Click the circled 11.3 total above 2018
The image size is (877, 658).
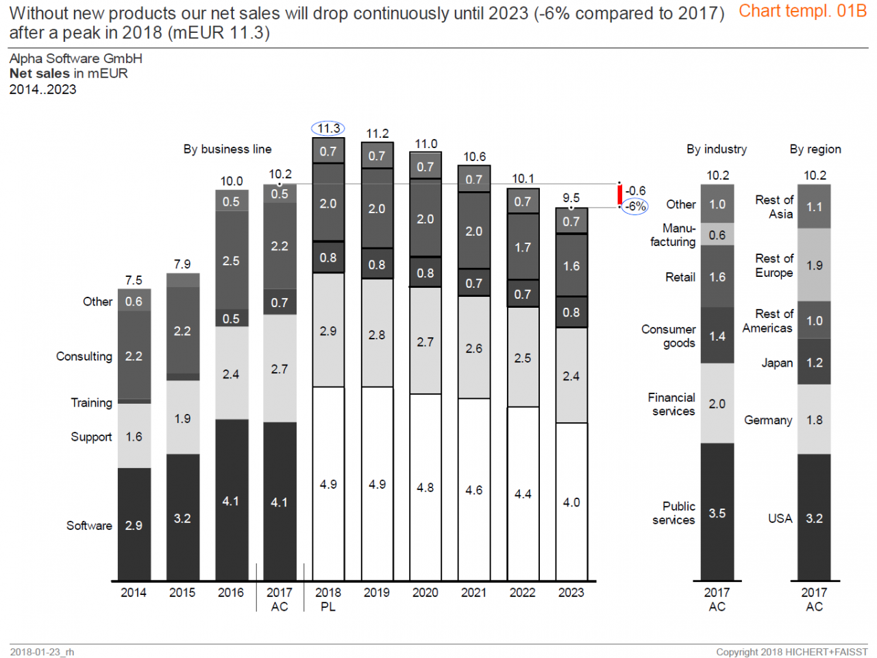pyautogui.click(x=328, y=128)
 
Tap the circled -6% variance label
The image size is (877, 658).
pyautogui.click(x=635, y=206)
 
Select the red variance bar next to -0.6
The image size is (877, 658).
pyautogui.click(x=620, y=195)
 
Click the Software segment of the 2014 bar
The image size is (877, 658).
pyautogui.click(x=134, y=525)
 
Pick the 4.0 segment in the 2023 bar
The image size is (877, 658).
pyautogui.click(x=571, y=502)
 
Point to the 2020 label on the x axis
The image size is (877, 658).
pyautogui.click(x=425, y=592)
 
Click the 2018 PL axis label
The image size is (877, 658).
pyautogui.click(x=328, y=599)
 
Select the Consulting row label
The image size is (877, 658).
pyautogui.click(x=84, y=356)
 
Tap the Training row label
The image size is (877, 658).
pyautogui.click(x=91, y=402)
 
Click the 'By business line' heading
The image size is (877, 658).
pyautogui.click(x=227, y=149)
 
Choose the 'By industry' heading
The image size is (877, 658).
pyautogui.click(x=717, y=149)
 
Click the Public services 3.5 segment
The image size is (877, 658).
pyautogui.click(x=717, y=513)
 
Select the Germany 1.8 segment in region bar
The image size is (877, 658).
pyautogui.click(x=814, y=419)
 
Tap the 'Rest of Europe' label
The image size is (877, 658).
pyautogui.click(x=774, y=265)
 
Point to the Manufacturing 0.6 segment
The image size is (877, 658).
pyautogui.click(x=717, y=234)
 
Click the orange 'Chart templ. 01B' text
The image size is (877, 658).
pyautogui.click(x=802, y=11)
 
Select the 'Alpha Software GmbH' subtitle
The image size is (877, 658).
pyautogui.click(x=76, y=58)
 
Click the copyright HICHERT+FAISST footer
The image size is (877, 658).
pyautogui.click(x=791, y=652)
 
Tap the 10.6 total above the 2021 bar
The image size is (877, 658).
pyautogui.click(x=474, y=157)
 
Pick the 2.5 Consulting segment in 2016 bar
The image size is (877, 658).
pyautogui.click(x=231, y=260)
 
